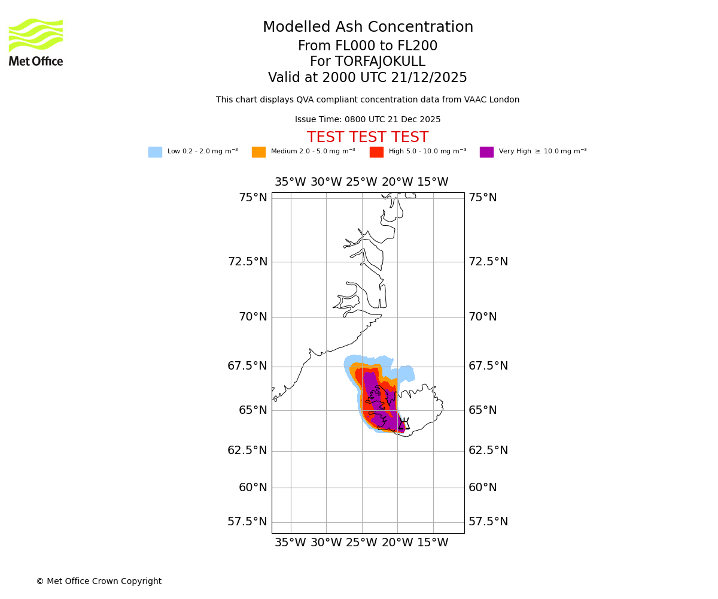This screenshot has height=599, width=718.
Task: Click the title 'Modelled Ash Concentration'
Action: [x=368, y=28]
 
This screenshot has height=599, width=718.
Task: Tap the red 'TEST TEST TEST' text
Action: [x=367, y=138]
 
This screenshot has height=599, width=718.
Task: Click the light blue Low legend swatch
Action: [x=155, y=152]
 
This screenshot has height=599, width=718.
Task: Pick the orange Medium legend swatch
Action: [x=258, y=152]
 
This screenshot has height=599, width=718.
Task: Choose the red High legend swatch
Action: [x=376, y=152]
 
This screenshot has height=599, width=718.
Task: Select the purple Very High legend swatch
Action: [x=486, y=152]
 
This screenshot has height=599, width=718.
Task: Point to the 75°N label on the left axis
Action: [x=253, y=198]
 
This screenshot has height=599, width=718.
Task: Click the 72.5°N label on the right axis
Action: [x=488, y=262]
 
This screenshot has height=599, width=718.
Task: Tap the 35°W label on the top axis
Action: [x=290, y=182]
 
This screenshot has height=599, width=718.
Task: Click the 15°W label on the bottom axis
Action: [x=433, y=543]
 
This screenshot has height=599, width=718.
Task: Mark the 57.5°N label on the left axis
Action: [x=247, y=522]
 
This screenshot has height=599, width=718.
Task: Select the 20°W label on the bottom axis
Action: [x=397, y=543]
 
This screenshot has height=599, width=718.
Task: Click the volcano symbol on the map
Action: [x=404, y=423]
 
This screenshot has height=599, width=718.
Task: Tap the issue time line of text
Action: [x=367, y=120]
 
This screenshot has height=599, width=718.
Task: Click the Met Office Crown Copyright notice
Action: [x=99, y=582]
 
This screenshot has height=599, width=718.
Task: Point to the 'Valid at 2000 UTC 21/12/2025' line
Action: [x=367, y=78]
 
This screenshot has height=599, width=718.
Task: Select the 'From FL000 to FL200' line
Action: [x=367, y=46]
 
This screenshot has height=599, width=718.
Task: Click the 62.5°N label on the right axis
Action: [x=488, y=450]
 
